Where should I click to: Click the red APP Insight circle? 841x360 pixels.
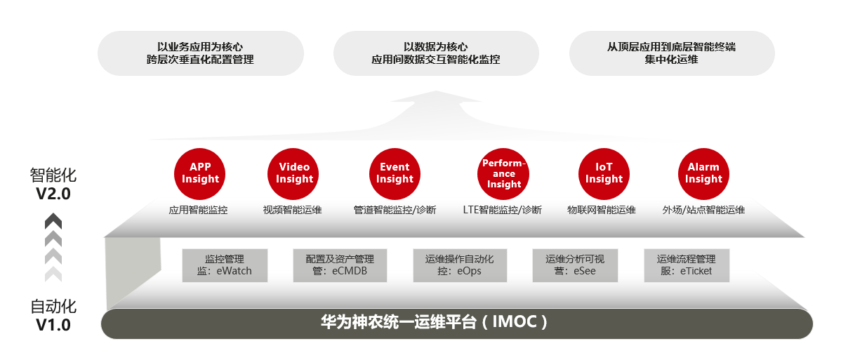tap(200, 173)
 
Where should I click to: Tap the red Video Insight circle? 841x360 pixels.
tap(294, 173)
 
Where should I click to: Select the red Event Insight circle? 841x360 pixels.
tap(395, 173)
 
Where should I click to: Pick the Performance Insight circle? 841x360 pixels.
tap(504, 173)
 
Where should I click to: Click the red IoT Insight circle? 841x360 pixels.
tap(604, 173)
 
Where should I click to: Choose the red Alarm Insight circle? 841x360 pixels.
tap(703, 173)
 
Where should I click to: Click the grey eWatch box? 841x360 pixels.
tap(225, 265)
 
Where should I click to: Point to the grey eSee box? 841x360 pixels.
tap(574, 265)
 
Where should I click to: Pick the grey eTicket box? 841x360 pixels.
tap(687, 265)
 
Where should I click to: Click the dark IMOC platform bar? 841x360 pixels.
tap(456, 323)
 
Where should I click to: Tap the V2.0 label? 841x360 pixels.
tap(53, 194)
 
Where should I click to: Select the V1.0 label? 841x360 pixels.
tap(53, 325)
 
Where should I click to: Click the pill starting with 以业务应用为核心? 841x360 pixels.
tap(200, 53)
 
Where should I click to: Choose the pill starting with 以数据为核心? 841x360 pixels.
tap(435, 53)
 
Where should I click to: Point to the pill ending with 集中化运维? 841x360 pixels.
tap(671, 53)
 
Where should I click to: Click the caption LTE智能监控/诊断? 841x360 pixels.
tap(502, 210)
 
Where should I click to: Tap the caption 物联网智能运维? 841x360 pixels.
tap(602, 210)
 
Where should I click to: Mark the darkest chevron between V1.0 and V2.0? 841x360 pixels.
tap(53, 221)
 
